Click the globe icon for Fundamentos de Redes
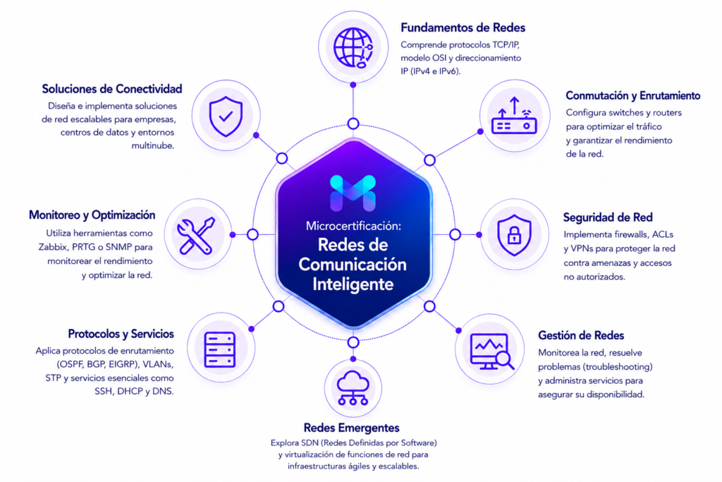[353, 48]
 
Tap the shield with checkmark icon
[226, 116]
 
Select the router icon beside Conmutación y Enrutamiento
[514, 116]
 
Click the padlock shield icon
[514, 235]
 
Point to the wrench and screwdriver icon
[197, 236]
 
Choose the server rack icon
[220, 349]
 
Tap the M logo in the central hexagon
[353, 193]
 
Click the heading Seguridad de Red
[608, 217]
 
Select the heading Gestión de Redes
[581, 335]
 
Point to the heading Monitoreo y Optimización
[92, 215]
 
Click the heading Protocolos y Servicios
[121, 334]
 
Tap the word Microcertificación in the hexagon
[353, 226]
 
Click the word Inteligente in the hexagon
[353, 284]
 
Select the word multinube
[153, 145]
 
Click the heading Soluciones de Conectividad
[112, 88]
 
